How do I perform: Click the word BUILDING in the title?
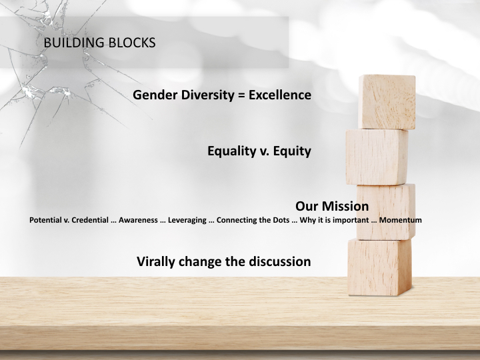pyautogui.click(x=74, y=43)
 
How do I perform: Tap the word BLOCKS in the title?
pyautogui.click(x=132, y=43)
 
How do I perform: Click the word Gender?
pyautogui.click(x=155, y=95)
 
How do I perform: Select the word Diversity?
pyautogui.click(x=207, y=95)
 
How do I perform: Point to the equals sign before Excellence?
pyautogui.click(x=241, y=95)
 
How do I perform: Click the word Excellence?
pyautogui.click(x=280, y=95)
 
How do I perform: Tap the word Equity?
pyautogui.click(x=292, y=151)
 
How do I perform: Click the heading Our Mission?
pyautogui.click(x=332, y=206)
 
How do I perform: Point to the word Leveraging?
pyautogui.click(x=187, y=220)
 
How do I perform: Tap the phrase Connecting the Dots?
pyautogui.click(x=253, y=220)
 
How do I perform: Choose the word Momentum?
pyautogui.click(x=401, y=220)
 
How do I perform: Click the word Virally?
pyautogui.click(x=156, y=262)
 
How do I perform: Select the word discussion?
pyautogui.click(x=280, y=261)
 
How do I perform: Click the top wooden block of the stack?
pyautogui.click(x=387, y=101)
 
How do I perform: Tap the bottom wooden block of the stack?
pyautogui.click(x=379, y=267)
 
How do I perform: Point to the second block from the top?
pyautogui.click(x=377, y=157)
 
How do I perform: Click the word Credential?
pyautogui.click(x=90, y=220)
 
